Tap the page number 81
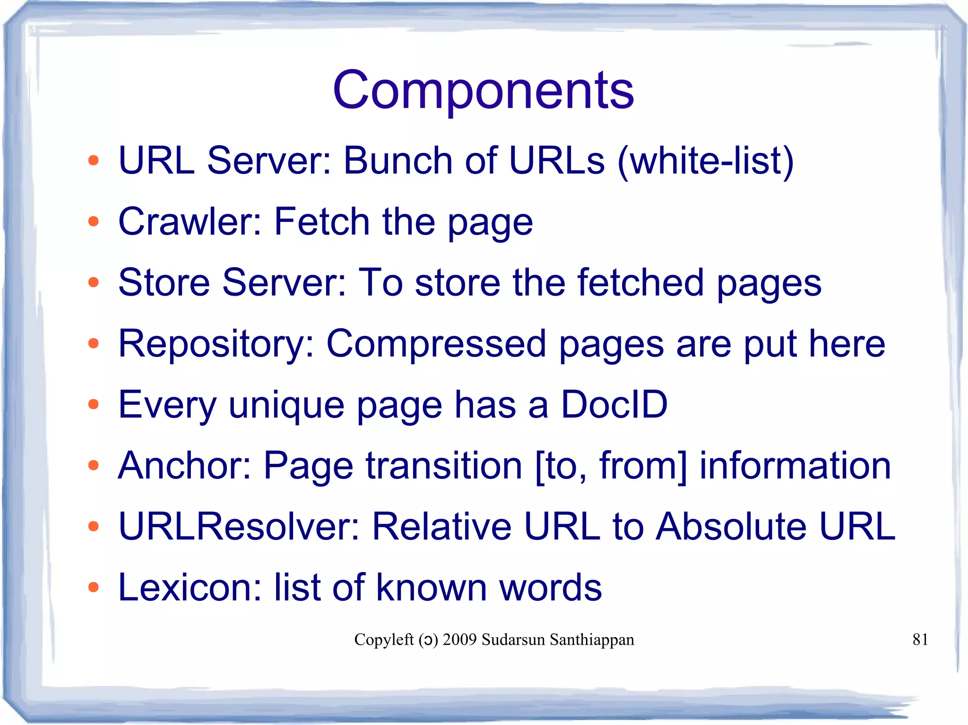[x=920, y=640]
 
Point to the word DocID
[x=614, y=404]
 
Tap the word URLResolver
[x=239, y=526]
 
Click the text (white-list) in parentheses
[x=705, y=161]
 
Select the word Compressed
[x=436, y=344]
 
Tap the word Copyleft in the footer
[x=384, y=640]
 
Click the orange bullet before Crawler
[x=94, y=221]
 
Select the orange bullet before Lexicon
[x=94, y=588]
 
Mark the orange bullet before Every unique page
[x=94, y=404]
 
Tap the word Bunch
[x=398, y=161]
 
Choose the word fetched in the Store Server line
[x=640, y=282]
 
